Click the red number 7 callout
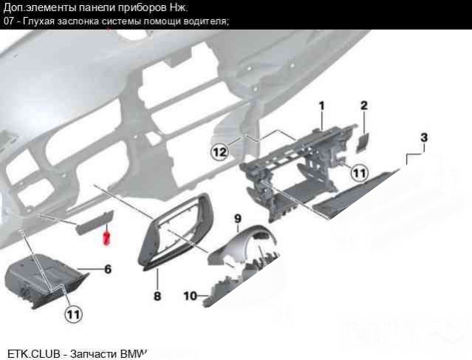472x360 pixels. coord(106,238)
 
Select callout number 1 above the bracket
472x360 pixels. coord(322,106)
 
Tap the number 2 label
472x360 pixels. coord(364,106)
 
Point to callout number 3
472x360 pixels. coord(424,137)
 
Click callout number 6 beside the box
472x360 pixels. coord(108,269)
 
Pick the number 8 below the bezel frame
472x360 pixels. coord(157,296)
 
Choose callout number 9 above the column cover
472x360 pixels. coord(238,218)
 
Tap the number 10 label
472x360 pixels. coord(190,296)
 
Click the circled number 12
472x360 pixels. coord(219,152)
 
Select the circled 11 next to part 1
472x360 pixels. coord(360,173)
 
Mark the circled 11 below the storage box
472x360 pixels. coord(73,314)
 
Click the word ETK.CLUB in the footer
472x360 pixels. coord(33,353)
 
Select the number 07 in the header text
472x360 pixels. coord(9,21)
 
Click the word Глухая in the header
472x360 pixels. coord(39,21)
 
